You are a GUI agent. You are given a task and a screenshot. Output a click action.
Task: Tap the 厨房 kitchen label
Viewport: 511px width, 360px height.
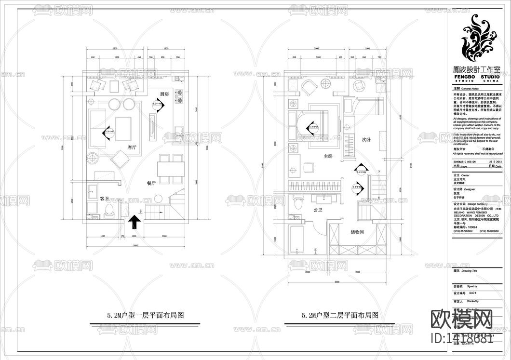click(164, 94)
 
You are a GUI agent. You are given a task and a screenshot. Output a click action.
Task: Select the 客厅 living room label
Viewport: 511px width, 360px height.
click(134, 147)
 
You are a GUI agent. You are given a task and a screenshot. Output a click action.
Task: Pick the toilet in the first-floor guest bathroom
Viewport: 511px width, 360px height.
click(109, 211)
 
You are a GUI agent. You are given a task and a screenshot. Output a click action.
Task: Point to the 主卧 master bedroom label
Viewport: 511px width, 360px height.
click(328, 156)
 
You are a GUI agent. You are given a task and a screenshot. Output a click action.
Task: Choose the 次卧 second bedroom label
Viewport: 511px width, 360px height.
click(367, 139)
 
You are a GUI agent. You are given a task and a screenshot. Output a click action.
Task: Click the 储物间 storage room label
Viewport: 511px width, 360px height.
click(357, 232)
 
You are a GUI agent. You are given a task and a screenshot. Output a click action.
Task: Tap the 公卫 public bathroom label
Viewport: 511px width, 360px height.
click(318, 211)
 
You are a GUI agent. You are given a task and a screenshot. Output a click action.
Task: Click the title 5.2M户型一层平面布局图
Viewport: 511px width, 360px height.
click(146, 316)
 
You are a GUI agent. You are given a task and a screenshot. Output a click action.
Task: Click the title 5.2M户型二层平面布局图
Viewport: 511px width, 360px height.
click(340, 316)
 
